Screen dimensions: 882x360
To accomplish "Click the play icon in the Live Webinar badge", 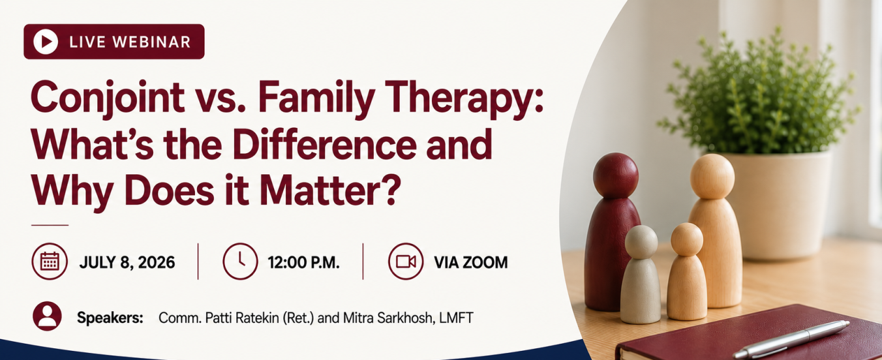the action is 46,41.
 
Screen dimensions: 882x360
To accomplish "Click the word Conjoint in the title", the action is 108,98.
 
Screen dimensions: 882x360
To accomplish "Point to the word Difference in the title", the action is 324,144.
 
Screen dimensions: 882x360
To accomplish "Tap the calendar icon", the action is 50,262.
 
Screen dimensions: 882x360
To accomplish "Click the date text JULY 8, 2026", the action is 127,262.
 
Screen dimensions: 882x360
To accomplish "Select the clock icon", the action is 240,262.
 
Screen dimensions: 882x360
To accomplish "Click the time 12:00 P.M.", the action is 303,262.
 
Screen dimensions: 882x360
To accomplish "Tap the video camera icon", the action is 406,262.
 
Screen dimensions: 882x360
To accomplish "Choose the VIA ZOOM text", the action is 471,262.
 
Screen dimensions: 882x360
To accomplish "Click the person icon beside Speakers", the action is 47,316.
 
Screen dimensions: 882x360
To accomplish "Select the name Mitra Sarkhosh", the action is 388,318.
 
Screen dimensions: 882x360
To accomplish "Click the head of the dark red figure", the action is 615,175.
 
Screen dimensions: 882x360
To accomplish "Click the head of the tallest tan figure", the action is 712,176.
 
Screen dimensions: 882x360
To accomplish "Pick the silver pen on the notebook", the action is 791,338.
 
